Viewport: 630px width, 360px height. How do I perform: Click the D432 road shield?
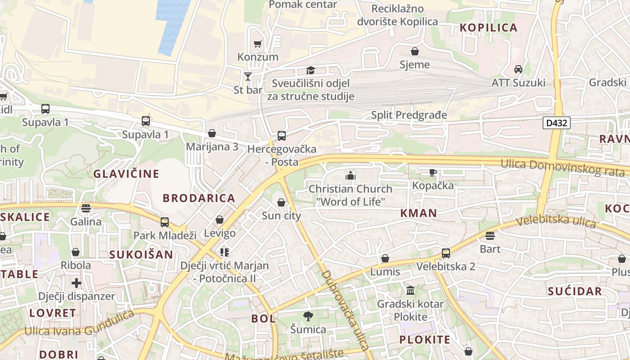pos(556,123)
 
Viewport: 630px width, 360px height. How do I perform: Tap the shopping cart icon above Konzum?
pos(257,44)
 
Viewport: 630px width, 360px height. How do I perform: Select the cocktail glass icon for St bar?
pos(247,76)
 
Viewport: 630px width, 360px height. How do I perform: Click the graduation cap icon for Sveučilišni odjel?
pos(310,70)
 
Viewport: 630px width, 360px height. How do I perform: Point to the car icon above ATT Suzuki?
pos(518,69)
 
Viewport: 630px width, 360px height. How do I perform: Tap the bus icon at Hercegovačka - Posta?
pos(282,135)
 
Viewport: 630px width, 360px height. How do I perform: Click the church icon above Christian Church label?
pos(351,175)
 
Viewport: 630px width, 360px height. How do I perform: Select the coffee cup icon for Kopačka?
pos(432,172)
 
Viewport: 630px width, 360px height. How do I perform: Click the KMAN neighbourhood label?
pos(418,213)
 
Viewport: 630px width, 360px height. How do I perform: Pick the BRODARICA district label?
pos(199,198)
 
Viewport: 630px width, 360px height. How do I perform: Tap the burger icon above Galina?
pos(86,208)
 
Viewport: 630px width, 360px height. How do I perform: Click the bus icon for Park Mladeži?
pos(165,222)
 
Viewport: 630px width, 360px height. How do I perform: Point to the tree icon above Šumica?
pos(308,316)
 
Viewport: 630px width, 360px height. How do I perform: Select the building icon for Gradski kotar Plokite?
pos(410,290)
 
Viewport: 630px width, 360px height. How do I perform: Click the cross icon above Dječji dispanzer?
pos(76,283)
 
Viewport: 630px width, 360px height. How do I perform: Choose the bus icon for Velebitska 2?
pos(445,253)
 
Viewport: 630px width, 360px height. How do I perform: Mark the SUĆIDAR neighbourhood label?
pos(575,291)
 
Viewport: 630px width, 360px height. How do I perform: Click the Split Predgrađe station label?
pos(409,115)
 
